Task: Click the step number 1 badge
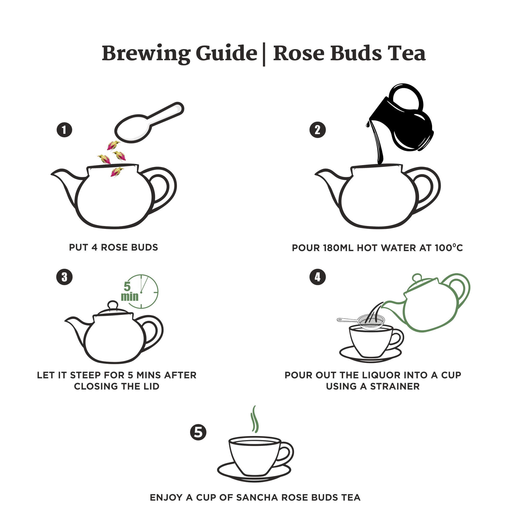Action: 64,130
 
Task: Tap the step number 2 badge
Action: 318,130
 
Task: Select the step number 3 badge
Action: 64,277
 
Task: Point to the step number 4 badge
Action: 318,277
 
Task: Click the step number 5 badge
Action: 198,432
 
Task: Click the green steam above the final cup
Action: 254,419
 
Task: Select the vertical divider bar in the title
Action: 264,54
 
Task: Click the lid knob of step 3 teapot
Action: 113,305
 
